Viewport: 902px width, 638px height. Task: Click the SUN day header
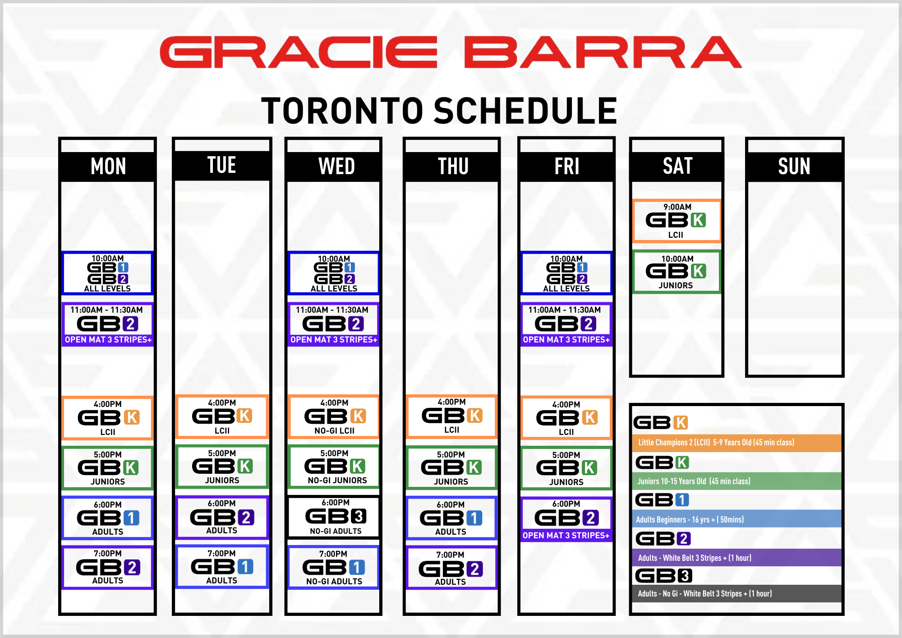794,166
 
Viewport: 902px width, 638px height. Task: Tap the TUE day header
222,165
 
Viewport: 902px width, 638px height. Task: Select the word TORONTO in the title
342,111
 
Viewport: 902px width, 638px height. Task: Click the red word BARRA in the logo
603,52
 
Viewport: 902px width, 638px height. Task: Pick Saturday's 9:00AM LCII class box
676,221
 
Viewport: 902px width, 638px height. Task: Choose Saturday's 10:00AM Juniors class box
676,272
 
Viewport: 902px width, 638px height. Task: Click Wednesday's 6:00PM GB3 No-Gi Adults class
334,517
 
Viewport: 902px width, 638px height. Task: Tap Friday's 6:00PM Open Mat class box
566,519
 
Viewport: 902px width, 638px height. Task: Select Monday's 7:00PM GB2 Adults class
107,567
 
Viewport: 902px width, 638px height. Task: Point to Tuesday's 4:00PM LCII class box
222,416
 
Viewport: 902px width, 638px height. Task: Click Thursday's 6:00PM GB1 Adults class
451,518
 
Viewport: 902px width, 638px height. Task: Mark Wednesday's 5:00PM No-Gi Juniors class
334,467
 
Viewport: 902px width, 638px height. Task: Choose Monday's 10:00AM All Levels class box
107,273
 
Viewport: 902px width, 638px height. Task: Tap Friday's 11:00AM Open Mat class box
566,324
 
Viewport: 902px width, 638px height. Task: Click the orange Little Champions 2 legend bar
737,443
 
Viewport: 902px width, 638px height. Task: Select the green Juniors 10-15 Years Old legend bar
737,481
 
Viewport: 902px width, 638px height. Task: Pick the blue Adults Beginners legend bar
737,519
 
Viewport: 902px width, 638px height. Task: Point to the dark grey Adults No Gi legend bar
737,593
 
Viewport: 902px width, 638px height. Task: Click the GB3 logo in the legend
663,576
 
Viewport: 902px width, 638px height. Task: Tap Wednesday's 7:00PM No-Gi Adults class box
334,567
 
